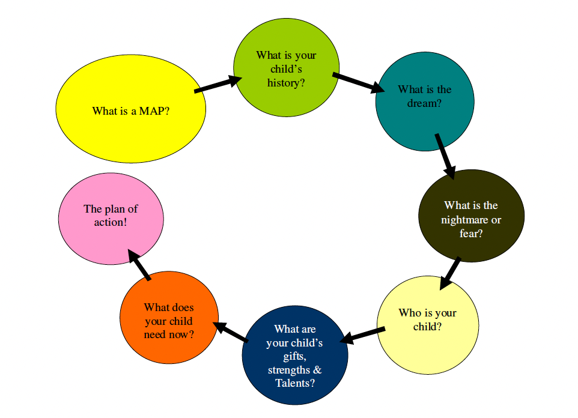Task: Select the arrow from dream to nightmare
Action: (445, 155)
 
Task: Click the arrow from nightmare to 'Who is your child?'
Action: (451, 273)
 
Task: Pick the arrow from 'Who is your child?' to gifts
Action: (363, 335)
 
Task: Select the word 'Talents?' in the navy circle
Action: (295, 383)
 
